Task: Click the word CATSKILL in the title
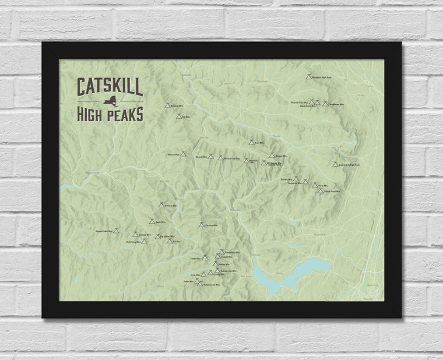pyautogui.click(x=110, y=87)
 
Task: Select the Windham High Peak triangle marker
pyautogui.click(x=308, y=76)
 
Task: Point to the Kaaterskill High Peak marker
pyautogui.click(x=335, y=164)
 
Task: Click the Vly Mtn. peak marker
pyautogui.click(x=179, y=117)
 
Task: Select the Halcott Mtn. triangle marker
pyautogui.click(x=182, y=155)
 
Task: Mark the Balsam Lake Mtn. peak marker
pyautogui.click(x=117, y=231)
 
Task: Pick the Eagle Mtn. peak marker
pyautogui.click(x=152, y=221)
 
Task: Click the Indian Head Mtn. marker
pyautogui.click(x=320, y=191)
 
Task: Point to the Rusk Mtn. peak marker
pyautogui.click(x=251, y=142)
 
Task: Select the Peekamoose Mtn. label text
pyautogui.click(x=211, y=285)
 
